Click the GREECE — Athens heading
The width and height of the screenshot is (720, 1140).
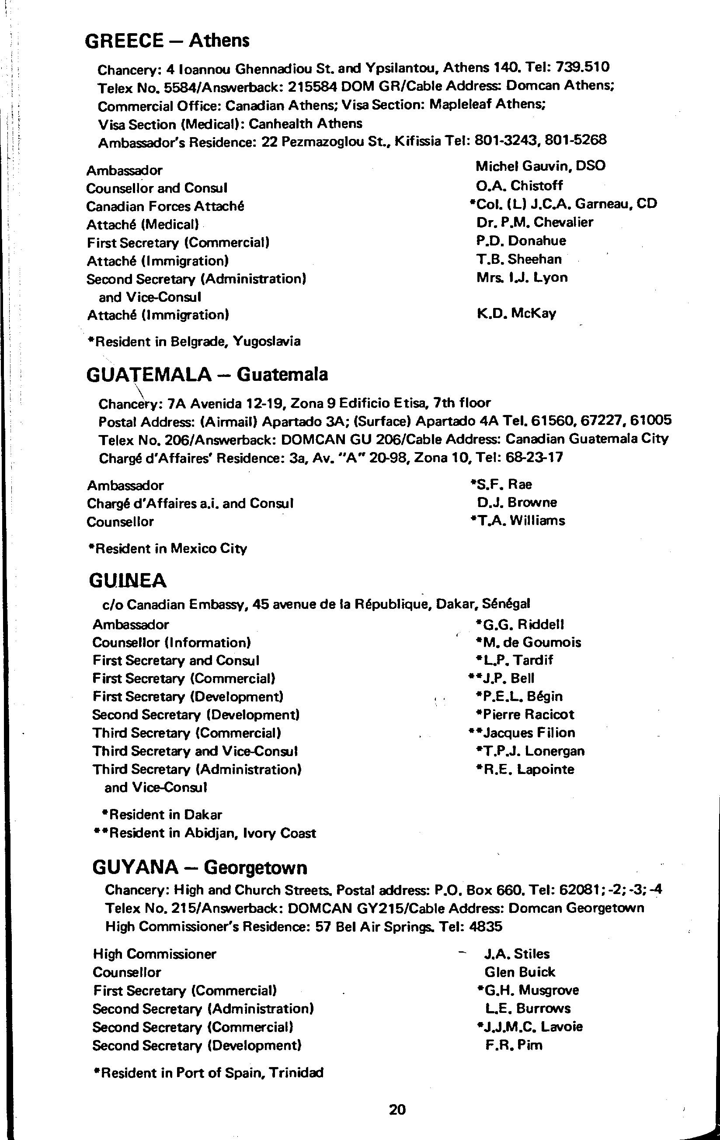coord(167,41)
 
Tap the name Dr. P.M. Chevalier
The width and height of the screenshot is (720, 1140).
coord(535,222)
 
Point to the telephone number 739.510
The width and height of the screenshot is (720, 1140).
coord(583,67)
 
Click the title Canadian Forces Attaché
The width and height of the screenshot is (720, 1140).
coord(165,207)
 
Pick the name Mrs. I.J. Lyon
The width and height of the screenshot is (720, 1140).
coord(522,277)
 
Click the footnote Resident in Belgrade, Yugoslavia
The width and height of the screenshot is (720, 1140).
coord(194,341)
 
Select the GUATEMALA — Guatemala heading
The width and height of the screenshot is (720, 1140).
coord(207,374)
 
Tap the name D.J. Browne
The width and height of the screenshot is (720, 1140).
coord(517,502)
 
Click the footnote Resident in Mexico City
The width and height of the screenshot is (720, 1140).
coord(168,549)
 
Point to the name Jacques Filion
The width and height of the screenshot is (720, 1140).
coord(529,733)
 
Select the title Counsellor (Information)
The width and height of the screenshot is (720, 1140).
coord(171,643)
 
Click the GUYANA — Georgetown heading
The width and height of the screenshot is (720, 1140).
coord(199,868)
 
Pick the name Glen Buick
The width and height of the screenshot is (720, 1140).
coord(520,972)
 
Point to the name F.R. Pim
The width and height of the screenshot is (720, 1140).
coord(514,1045)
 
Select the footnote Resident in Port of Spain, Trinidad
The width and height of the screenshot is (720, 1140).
coord(209,1072)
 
